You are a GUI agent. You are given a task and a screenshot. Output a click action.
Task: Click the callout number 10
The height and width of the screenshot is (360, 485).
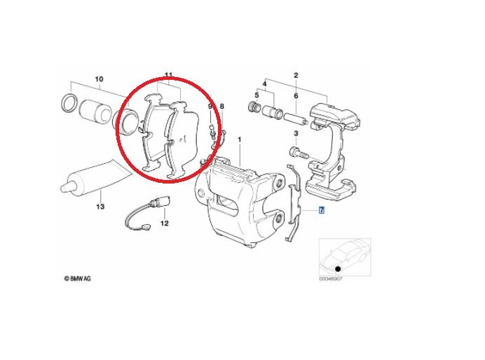click(x=98, y=78)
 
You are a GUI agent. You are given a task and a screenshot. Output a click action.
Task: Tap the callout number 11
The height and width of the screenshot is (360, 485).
click(x=168, y=76)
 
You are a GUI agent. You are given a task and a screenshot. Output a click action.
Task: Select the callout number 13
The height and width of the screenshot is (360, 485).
click(x=100, y=207)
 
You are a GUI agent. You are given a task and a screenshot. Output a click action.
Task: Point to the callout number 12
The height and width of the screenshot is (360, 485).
click(x=164, y=224)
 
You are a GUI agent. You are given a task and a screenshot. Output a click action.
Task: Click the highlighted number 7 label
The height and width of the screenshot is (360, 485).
click(x=322, y=210)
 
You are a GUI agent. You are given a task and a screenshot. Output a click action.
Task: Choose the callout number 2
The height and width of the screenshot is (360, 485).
click(x=296, y=75)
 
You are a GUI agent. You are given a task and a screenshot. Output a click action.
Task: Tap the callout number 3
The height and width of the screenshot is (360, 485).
click(x=296, y=133)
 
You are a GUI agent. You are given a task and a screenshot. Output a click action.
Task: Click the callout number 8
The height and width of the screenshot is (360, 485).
click(x=222, y=106)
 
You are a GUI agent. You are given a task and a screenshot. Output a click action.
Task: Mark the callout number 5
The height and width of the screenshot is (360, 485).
click(x=257, y=95)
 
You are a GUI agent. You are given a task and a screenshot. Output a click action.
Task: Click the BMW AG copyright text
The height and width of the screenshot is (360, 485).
click(x=77, y=278)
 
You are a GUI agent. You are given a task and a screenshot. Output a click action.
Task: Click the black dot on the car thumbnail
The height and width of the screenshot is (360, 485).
click(x=338, y=269)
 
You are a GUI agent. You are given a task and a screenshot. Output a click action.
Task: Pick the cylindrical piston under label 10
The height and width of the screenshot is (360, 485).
click(x=93, y=113)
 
